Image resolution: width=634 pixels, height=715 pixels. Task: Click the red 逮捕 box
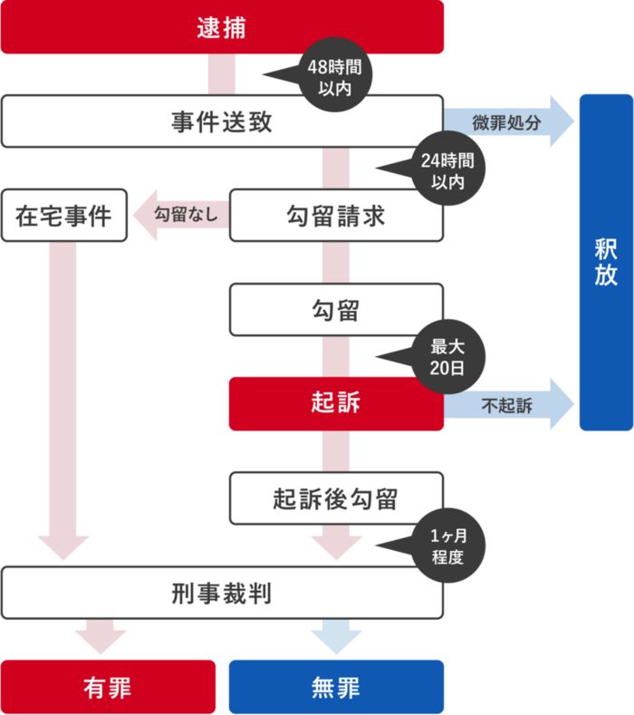pos(222,28)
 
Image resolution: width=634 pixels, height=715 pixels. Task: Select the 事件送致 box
pos(222,121)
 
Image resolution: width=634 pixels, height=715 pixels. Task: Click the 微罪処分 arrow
pos(507,121)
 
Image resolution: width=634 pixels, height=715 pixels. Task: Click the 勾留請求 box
pos(336,216)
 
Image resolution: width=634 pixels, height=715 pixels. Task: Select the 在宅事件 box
pos(63,216)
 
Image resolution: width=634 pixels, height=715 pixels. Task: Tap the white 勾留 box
pos(336,310)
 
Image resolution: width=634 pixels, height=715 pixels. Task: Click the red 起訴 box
pos(336,403)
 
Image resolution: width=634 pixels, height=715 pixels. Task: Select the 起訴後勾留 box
pos(336,498)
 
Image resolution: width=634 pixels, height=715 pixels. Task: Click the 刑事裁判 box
pos(222,594)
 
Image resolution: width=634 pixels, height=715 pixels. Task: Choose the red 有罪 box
pos(108,686)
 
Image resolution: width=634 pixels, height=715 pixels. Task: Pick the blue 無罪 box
pos(336,686)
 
